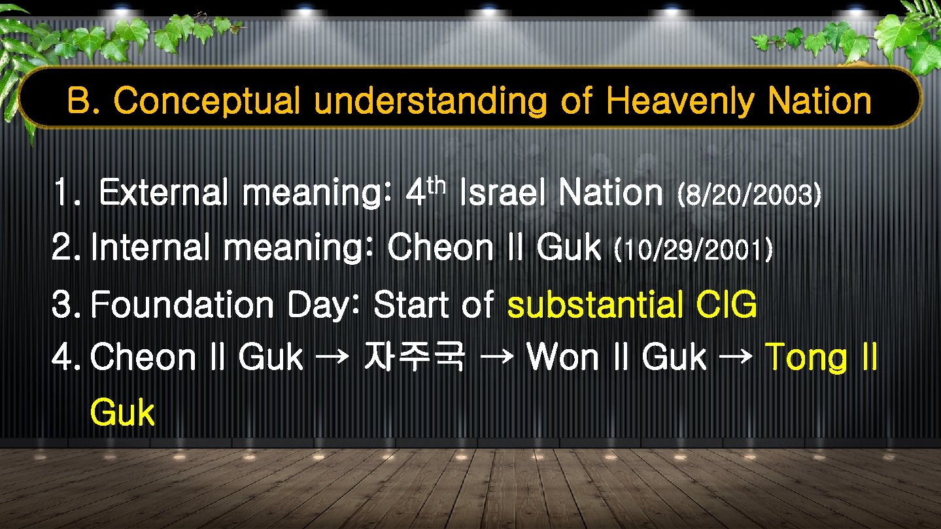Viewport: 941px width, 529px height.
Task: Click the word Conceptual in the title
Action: [207, 101]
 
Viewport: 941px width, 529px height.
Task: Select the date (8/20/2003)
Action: [749, 194]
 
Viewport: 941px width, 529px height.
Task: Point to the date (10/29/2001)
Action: [694, 248]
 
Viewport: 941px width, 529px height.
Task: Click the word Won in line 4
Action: [562, 358]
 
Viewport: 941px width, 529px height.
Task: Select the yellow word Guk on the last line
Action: [122, 413]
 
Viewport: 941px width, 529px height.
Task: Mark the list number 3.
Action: [63, 305]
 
